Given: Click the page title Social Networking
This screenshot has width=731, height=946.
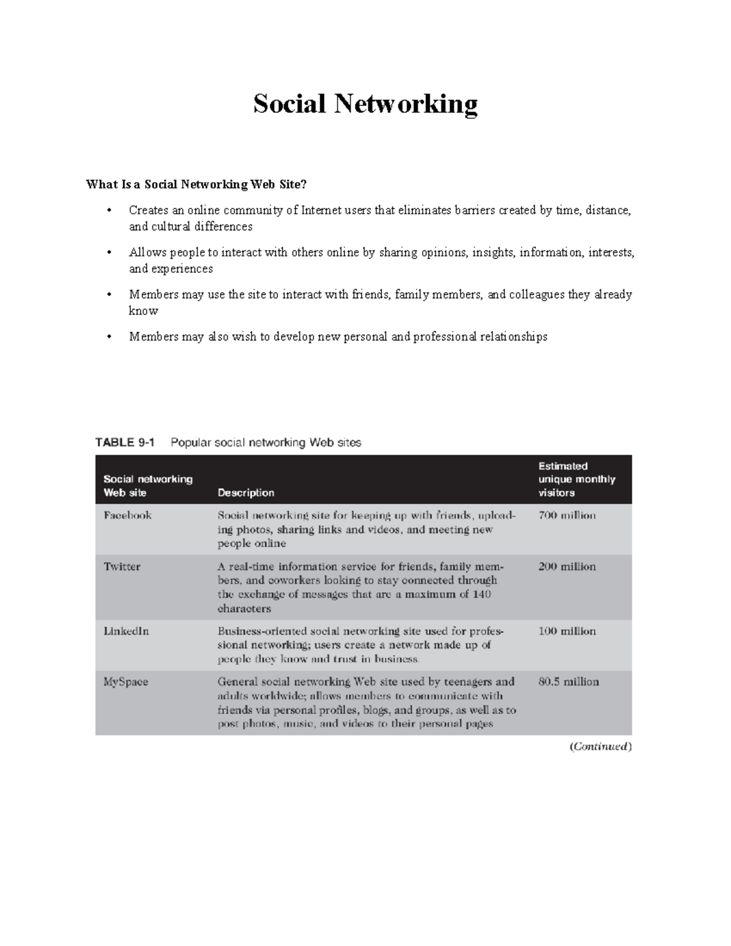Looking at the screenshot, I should coord(365,104).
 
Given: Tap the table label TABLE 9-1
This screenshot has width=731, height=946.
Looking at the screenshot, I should coord(125,443).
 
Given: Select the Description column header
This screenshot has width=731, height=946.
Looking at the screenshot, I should coord(246,492).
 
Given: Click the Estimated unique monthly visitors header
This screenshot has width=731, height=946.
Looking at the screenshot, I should coord(576,479).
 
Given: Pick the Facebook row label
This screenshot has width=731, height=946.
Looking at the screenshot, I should coord(127,515).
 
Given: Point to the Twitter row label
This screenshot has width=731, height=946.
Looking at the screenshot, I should coord(122,567).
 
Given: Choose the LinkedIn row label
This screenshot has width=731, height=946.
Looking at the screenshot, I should coord(126,631).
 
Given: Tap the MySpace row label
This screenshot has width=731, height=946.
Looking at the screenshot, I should coord(125,682).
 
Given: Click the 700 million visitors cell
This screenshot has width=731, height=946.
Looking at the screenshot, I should coord(567,515).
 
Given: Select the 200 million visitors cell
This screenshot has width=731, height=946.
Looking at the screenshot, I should coord(567,567).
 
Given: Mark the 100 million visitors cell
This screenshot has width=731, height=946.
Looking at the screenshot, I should coord(567,631).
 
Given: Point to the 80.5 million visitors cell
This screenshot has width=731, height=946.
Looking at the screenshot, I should coord(568,682).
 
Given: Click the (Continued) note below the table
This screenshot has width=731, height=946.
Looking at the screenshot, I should coord(601,747).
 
